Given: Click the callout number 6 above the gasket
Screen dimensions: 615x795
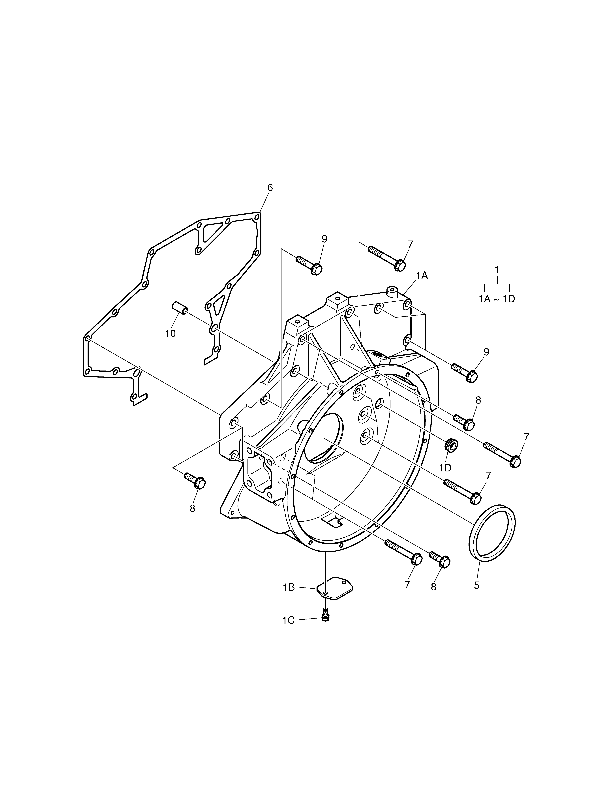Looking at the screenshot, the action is click(x=270, y=188).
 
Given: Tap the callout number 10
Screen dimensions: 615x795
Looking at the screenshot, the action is click(x=170, y=334).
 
